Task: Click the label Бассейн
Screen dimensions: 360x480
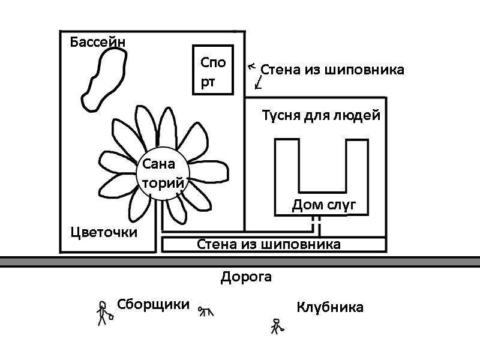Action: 98,43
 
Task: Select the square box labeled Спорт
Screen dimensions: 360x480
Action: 213,70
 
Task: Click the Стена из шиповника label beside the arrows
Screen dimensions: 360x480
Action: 332,70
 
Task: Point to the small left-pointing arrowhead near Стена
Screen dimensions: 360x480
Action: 251,66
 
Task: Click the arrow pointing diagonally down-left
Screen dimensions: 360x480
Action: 259,83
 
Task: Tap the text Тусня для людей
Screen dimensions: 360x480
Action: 321,115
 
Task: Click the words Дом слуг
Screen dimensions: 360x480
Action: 324,206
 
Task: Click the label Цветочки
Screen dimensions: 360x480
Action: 104,232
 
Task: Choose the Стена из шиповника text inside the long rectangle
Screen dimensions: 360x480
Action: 269,244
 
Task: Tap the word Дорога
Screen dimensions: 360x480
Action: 246,277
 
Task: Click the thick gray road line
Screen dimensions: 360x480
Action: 240,262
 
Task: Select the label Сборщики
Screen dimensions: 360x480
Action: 153,304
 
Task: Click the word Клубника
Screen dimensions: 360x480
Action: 329,308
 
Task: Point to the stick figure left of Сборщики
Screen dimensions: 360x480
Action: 103,313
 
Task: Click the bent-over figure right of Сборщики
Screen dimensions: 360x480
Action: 206,310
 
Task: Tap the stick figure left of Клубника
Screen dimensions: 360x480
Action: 277,326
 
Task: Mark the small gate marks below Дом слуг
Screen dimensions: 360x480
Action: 316,226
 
